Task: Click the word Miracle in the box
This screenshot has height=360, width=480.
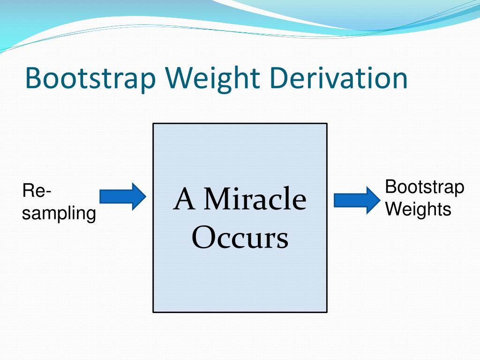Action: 255,199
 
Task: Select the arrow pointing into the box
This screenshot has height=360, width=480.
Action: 123,196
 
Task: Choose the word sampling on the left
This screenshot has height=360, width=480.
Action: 59,214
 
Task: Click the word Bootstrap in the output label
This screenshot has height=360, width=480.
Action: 424,187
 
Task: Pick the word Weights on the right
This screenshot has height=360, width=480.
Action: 418,209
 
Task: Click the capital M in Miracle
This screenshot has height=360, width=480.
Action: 217,199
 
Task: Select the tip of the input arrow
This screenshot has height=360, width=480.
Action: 144,196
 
